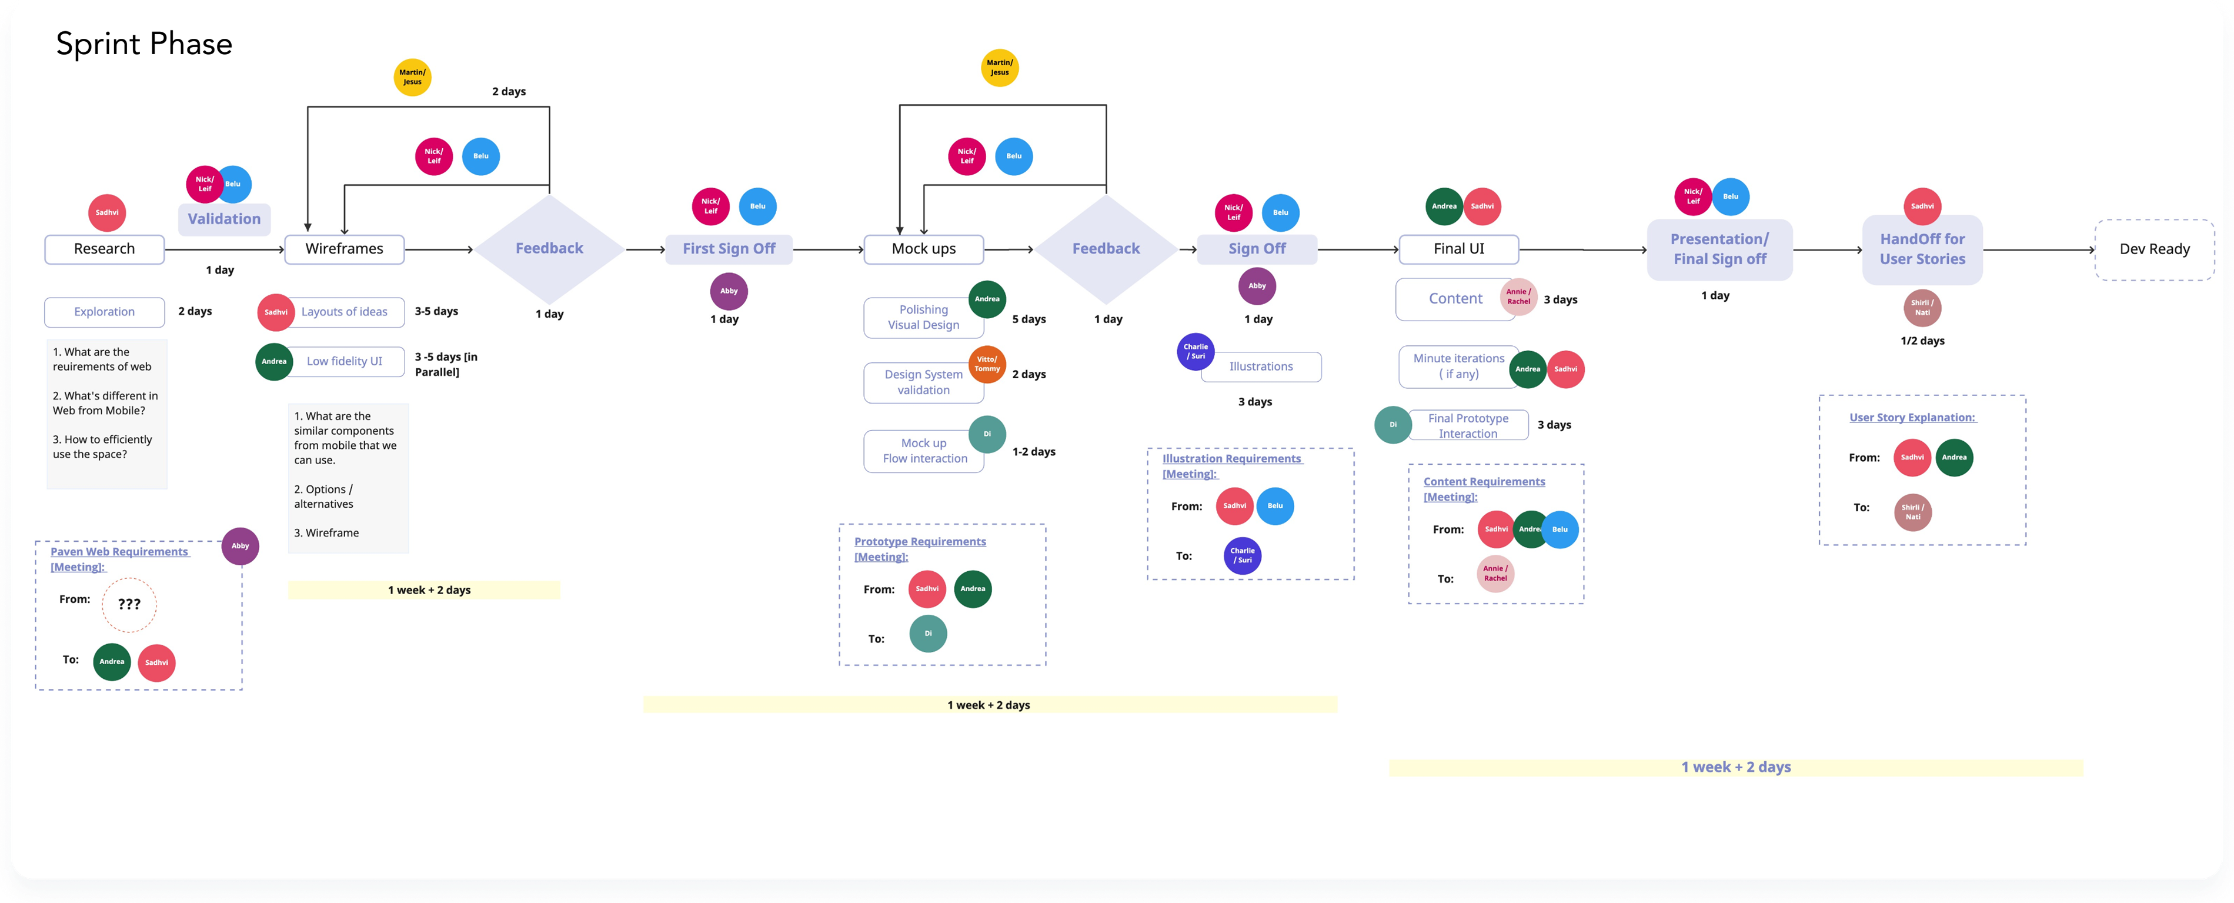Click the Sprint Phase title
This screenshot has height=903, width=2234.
(x=144, y=44)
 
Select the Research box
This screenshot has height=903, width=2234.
(x=104, y=249)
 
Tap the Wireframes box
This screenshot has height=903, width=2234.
(x=344, y=249)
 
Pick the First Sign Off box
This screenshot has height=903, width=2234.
(x=729, y=249)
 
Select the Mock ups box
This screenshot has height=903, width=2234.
(x=924, y=249)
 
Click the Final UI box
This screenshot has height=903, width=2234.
(x=1459, y=249)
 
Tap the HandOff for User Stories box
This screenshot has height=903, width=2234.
(x=1922, y=249)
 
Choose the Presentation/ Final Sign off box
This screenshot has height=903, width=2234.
(x=1719, y=249)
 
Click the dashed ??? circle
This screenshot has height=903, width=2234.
(x=129, y=605)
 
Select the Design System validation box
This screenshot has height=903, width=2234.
(x=924, y=382)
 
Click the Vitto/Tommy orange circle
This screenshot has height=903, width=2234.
(x=987, y=364)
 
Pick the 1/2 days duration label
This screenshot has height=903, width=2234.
(x=1922, y=341)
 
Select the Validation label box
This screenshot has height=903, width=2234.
(x=223, y=219)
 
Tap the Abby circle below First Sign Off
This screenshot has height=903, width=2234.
(x=729, y=291)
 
